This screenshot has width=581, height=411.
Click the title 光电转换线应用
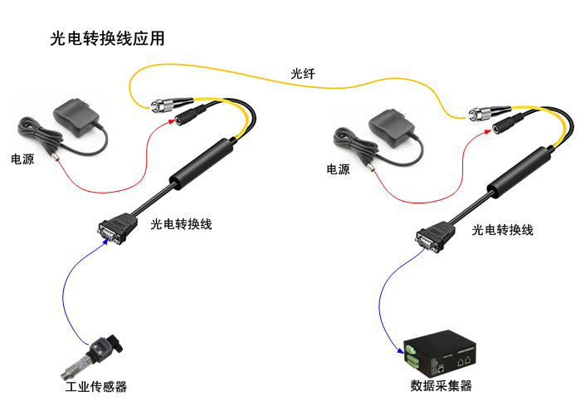tap(108, 39)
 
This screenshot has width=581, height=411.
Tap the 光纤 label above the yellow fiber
tap(303, 76)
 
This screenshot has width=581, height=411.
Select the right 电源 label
tap(338, 169)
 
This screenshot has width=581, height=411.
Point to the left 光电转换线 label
tap(182, 223)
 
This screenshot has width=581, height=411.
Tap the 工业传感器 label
tap(96, 387)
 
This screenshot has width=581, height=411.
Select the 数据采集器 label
tap(441, 387)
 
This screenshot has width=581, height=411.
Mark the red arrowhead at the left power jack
tap(173, 120)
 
